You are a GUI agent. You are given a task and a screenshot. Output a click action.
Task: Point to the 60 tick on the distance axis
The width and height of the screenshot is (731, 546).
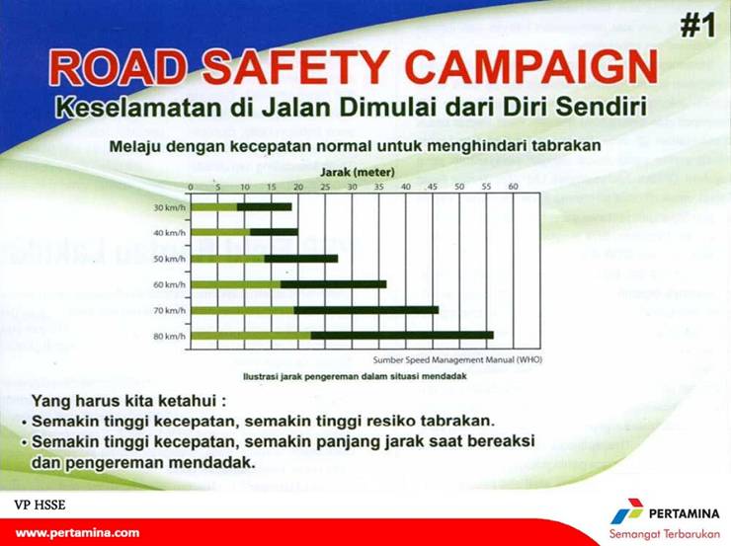(513, 186)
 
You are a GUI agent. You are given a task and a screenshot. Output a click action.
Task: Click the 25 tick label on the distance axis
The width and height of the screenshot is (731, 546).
(325, 186)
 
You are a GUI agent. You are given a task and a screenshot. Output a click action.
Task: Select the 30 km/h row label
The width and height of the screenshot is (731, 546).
(169, 207)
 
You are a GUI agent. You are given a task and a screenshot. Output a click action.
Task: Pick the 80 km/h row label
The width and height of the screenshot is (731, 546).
(169, 337)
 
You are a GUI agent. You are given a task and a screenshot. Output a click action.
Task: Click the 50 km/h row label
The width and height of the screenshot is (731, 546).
(169, 259)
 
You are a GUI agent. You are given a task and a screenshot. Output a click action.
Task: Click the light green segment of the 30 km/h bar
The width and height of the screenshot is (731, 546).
(213, 206)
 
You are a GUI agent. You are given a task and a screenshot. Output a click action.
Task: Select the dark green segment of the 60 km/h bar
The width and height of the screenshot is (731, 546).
(333, 284)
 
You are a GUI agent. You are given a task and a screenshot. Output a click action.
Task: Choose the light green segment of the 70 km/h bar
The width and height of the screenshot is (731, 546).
(242, 310)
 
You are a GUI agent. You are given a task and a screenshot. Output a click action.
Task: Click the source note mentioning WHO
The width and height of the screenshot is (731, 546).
(456, 360)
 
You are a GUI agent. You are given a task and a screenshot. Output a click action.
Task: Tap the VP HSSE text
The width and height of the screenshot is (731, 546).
(40, 505)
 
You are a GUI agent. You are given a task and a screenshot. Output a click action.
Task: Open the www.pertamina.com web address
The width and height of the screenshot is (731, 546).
(77, 532)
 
